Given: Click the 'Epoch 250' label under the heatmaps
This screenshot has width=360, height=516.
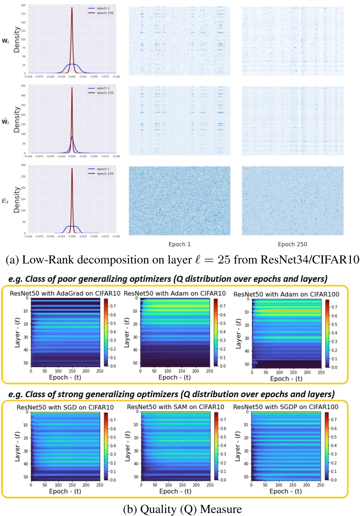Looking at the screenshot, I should click(x=292, y=243).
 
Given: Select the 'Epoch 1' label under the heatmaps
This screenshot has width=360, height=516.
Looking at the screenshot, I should click(x=179, y=243).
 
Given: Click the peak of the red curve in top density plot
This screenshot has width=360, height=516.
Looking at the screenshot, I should click(x=72, y=7).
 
